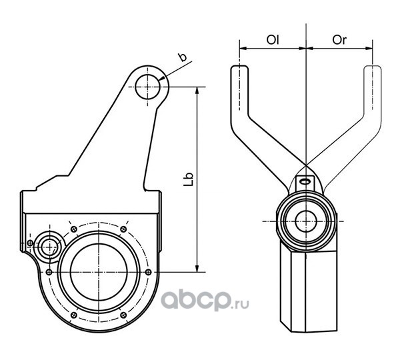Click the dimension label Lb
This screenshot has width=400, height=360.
point(189,179)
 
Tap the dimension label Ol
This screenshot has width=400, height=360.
point(273,40)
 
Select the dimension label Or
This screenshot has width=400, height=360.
point(339,40)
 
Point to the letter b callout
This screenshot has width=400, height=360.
point(183,57)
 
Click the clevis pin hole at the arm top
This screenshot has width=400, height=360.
point(148,87)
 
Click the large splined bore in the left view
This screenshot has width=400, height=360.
point(99,272)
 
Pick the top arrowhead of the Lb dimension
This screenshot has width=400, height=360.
point(197,90)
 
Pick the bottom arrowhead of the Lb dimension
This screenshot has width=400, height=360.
point(197,269)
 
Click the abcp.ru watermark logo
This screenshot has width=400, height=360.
point(205,301)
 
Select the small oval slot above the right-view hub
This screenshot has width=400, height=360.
point(305,181)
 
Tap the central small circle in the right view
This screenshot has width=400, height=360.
point(306,221)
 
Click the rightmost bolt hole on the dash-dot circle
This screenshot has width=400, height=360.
point(148,272)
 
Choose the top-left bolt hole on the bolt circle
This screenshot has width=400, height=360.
point(74,229)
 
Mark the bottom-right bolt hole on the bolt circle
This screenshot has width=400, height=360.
point(123,315)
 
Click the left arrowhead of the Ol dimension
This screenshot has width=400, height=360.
point(243,48)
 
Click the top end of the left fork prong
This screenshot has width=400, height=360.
point(239,67)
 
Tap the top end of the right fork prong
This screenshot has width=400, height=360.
point(373,67)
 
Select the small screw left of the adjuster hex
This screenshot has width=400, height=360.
point(30,243)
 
